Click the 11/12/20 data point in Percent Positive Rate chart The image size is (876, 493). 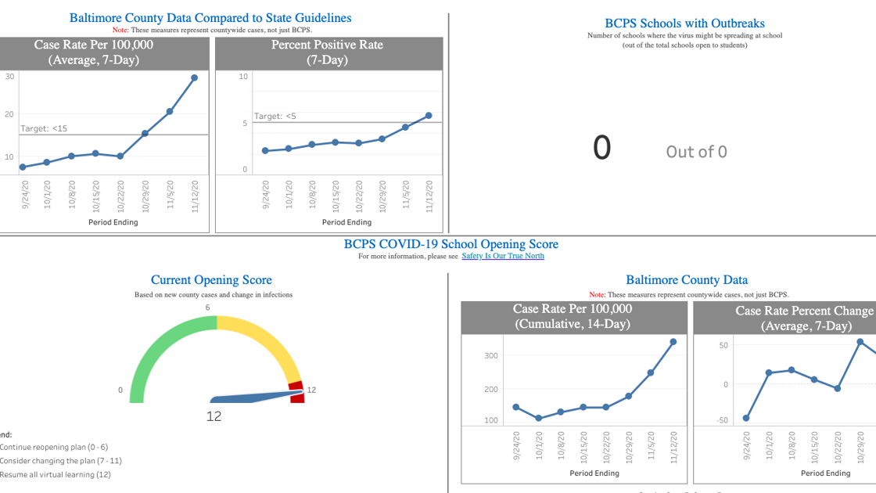coord(429,116)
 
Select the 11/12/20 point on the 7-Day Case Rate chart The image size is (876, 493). coord(194,77)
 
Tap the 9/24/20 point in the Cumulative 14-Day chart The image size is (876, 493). coord(516,407)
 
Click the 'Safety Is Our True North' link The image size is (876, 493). coord(502,256)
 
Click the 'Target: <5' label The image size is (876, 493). coord(275,116)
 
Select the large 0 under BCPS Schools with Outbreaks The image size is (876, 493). coord(601,148)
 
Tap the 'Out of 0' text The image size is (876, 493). coord(696,152)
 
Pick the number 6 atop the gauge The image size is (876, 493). coord(207,308)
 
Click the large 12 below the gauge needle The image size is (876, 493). coord(214,416)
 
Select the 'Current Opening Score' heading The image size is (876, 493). coord(211,280)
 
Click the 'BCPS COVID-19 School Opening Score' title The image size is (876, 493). coord(451,244)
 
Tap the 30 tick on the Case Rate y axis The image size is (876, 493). coord(9,76)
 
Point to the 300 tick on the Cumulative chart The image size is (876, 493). coord(490,355)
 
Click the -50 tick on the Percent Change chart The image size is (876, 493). coord(723,420)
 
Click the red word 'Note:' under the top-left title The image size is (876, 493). coord(120,30)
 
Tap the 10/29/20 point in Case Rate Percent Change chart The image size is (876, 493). coord(860,342)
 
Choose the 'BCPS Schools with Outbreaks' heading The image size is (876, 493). coord(684,23)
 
